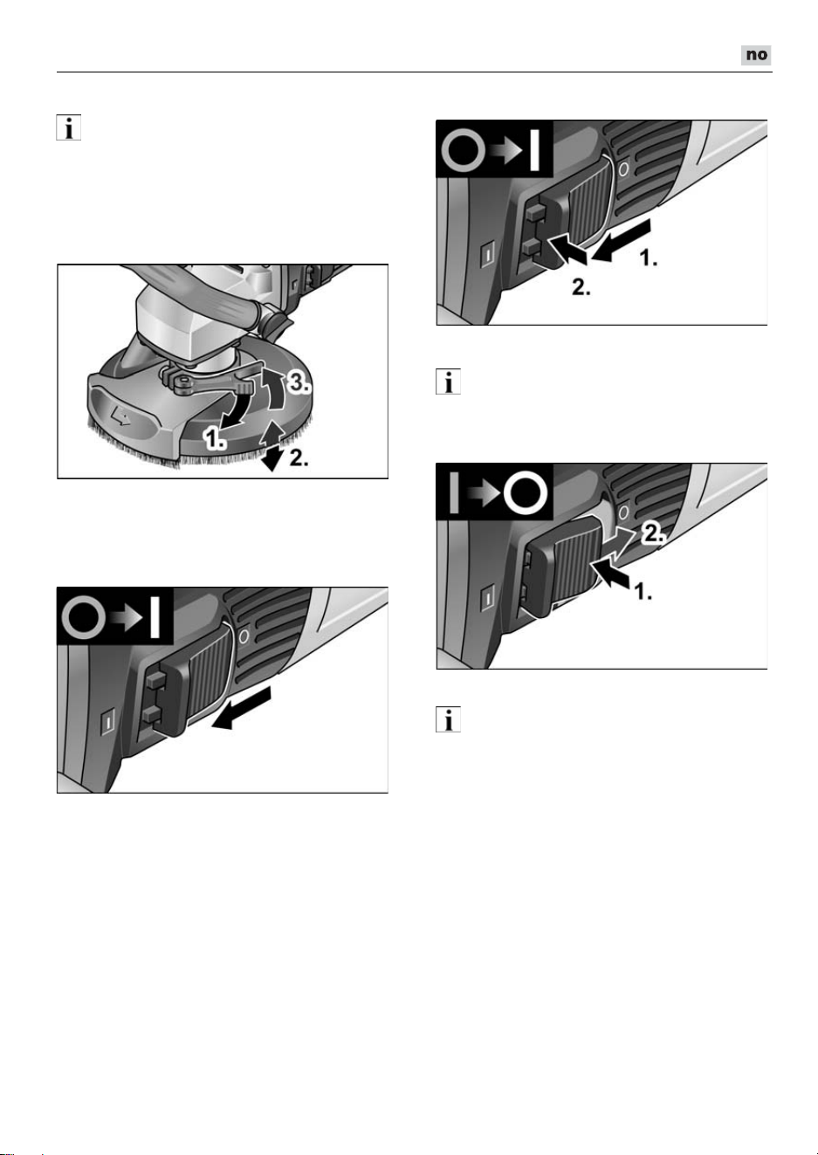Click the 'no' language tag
[756, 55]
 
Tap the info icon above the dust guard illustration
[69, 127]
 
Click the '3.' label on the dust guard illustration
[299, 382]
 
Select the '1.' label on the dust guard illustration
[214, 439]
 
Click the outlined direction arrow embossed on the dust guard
[120, 414]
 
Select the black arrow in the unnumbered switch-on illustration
[241, 708]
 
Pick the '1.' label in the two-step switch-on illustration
[649, 258]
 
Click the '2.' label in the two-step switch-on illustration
[581, 287]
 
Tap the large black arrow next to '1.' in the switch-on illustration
[622, 240]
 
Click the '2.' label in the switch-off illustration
[653, 534]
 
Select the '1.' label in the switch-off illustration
[643, 591]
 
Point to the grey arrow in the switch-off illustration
[619, 544]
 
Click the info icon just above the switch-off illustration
[448, 382]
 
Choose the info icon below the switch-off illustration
[448, 719]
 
